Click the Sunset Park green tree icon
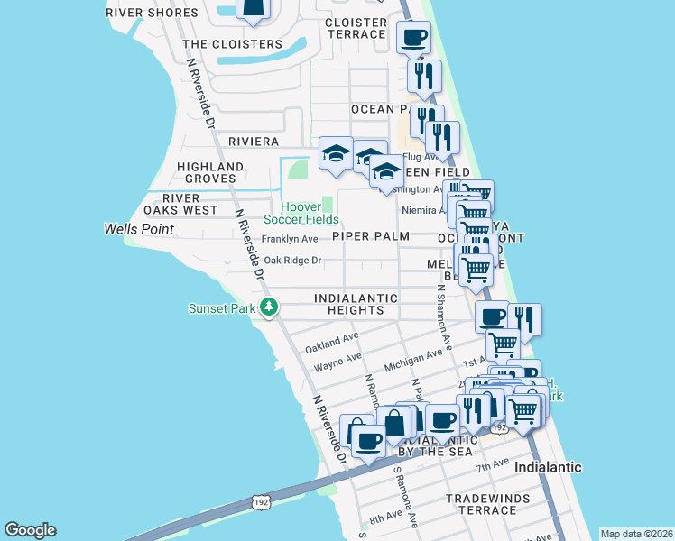tap(268, 308)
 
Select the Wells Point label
tap(139, 229)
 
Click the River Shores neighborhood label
tap(152, 14)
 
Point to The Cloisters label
tap(232, 44)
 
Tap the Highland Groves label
tap(210, 173)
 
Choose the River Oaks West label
tap(190, 204)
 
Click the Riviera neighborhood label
tap(254, 142)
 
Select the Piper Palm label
tap(371, 236)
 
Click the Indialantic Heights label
tap(356, 304)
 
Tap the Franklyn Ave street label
tap(290, 239)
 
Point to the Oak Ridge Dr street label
tap(291, 261)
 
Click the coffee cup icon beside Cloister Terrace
tap(413, 38)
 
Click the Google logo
tap(30, 530)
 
